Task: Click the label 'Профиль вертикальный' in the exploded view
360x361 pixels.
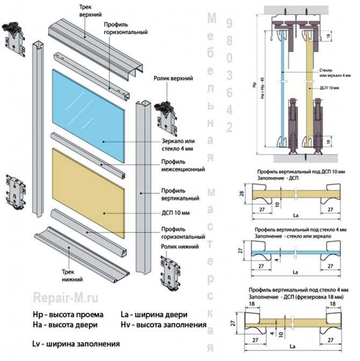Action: coord(179,194)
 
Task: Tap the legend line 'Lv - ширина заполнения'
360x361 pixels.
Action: coord(76,343)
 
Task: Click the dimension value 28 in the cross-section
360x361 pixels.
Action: coord(242,194)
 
